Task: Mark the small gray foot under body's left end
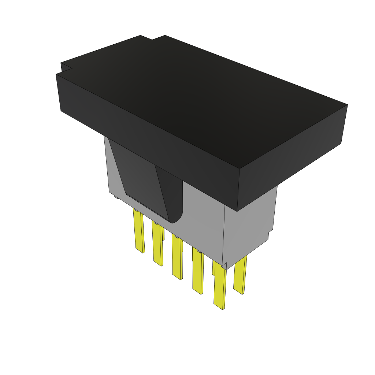pyautogui.click(x=116, y=197)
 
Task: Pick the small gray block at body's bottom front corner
pyautogui.click(x=224, y=266)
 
